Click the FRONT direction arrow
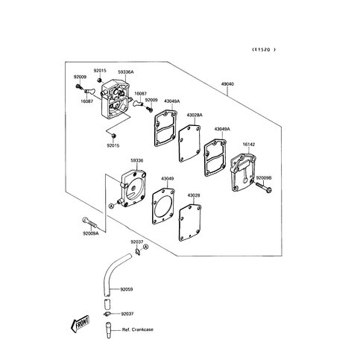pos(80,324)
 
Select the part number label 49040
pos(227,84)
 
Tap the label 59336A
pos(126,72)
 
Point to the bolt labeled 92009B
pos(263,188)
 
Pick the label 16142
pos(249,145)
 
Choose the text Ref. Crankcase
pos(138,329)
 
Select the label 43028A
pos(195,115)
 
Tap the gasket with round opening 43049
pos(163,206)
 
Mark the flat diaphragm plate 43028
pos(190,222)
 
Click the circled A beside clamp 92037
pos(146,247)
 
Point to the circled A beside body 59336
pos(111,206)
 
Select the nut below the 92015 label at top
pos(99,80)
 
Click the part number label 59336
pos(137,161)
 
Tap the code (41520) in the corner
pos(264,49)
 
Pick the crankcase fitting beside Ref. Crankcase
pos(108,330)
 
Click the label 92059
pos(127,289)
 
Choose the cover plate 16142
pos(243,172)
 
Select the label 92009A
pos(91,233)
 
